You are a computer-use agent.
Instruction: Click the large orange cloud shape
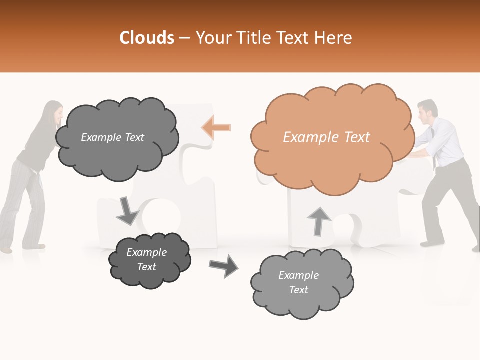click(x=332, y=165)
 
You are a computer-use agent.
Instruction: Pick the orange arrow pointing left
click(x=216, y=127)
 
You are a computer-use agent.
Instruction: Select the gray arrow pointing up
click(x=318, y=221)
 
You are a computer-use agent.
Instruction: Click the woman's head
click(x=53, y=112)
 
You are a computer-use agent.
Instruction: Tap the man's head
click(x=428, y=112)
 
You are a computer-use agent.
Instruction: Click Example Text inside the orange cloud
click(x=326, y=137)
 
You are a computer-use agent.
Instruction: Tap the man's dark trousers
click(x=447, y=200)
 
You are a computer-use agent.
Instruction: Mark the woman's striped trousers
click(x=22, y=205)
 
